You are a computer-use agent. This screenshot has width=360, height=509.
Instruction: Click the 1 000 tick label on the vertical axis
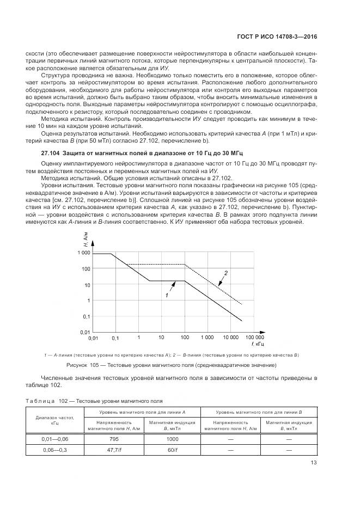point(82,254)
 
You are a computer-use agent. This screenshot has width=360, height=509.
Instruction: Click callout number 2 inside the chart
point(225,272)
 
